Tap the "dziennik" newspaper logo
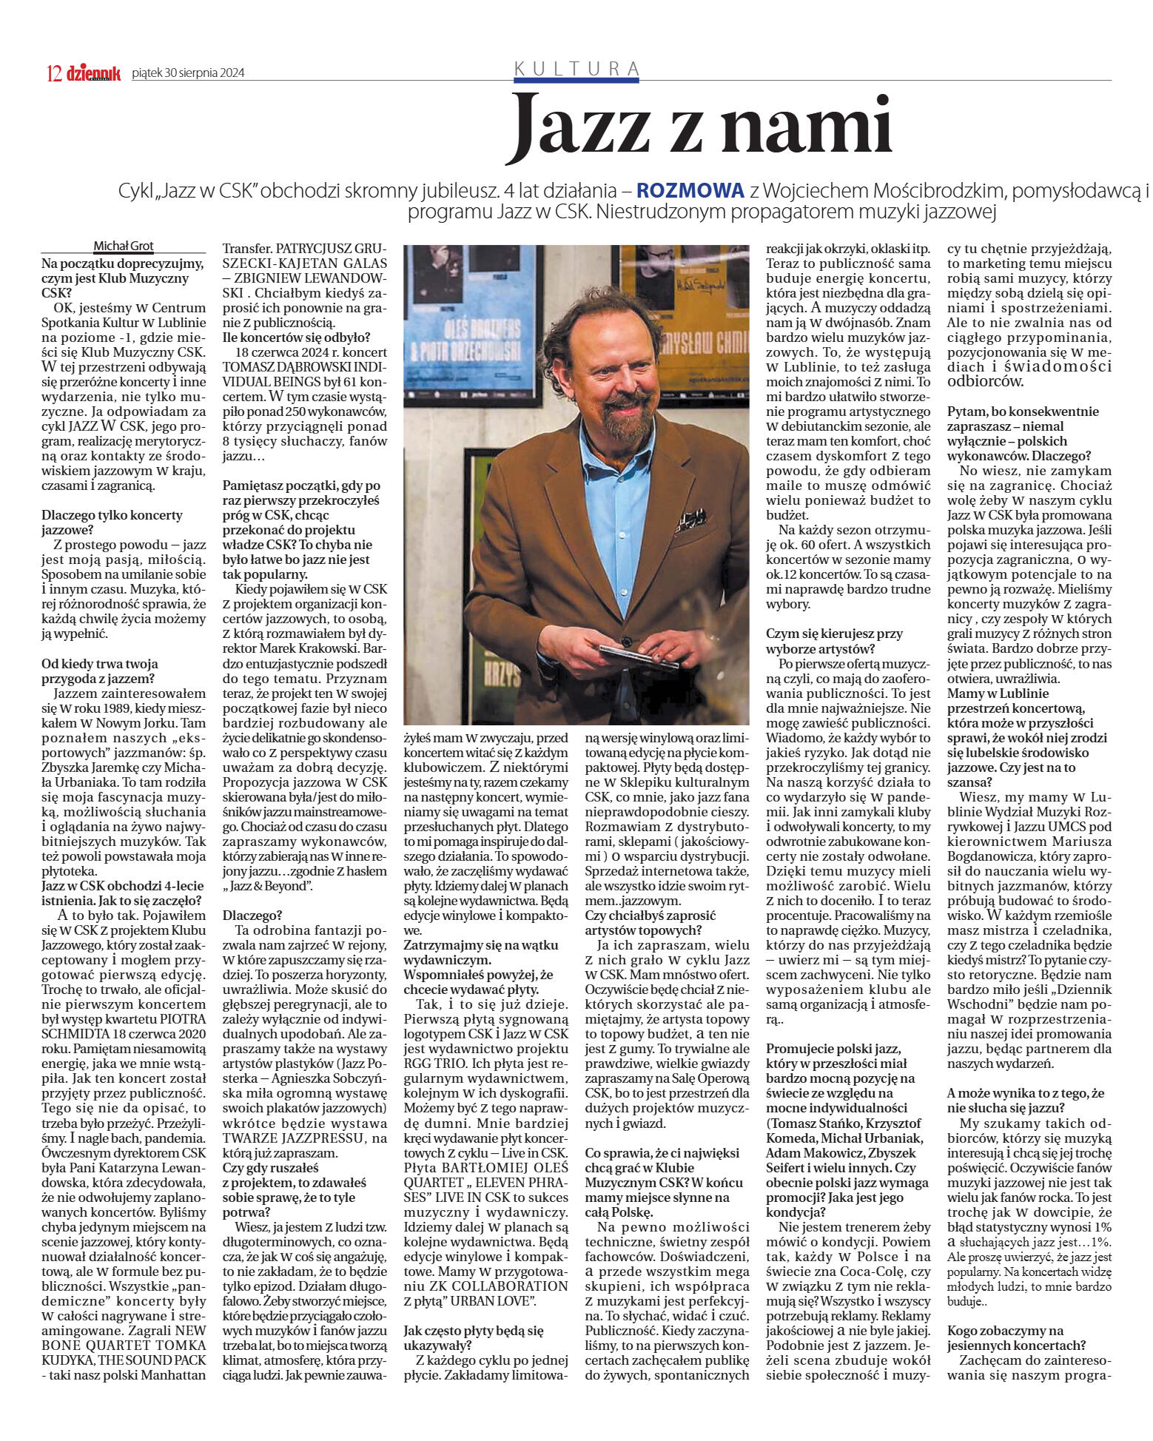93,73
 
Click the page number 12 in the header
54,73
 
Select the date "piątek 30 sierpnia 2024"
188,73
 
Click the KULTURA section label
576,68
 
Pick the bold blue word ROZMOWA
690,190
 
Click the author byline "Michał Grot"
124,246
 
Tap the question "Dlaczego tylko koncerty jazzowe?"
112,522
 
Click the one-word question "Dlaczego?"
252,915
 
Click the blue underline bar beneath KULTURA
576,79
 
